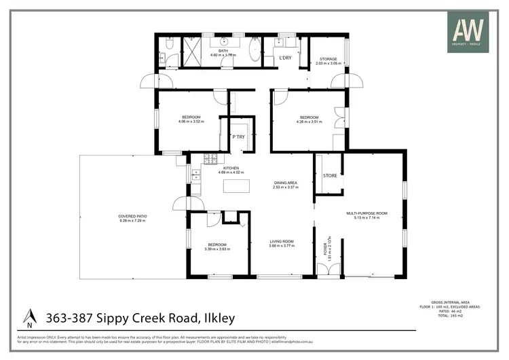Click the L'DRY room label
point(286,57)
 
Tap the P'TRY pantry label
point(238,137)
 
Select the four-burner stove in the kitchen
point(210,160)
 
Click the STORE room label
point(330,175)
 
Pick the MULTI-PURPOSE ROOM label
point(366,213)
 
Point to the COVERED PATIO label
point(133,217)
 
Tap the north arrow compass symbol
point(29,317)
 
